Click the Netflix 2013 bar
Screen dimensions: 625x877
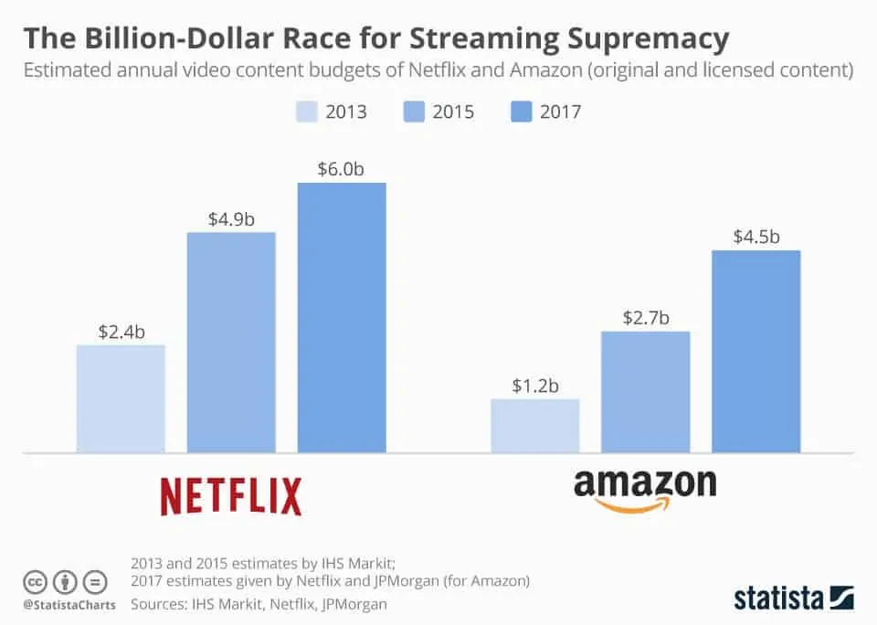(121, 398)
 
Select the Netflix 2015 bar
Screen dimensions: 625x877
(231, 343)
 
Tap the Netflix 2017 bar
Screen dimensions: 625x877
(342, 317)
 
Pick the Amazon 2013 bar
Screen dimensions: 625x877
(534, 426)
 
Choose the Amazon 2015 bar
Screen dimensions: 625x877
(645, 392)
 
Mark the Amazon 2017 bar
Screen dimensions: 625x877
(755, 351)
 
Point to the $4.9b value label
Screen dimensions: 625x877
(231, 218)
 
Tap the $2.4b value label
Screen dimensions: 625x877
(122, 331)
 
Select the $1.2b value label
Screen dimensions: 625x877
(535, 385)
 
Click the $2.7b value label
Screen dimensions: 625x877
(646, 317)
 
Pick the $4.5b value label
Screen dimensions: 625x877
(756, 237)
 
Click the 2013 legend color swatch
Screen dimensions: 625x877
(308, 111)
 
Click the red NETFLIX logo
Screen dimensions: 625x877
(231, 496)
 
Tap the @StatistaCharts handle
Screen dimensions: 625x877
(69, 604)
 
